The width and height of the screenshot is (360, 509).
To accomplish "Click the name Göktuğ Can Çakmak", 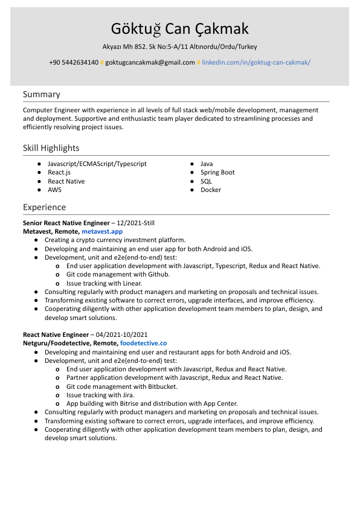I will pyautogui.click(x=179, y=29).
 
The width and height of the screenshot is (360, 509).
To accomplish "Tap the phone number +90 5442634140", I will pyautogui.click(x=74, y=62).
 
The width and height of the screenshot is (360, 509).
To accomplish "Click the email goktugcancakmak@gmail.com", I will pyautogui.click(x=150, y=62).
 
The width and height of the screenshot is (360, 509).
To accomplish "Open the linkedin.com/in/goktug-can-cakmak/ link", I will pyautogui.click(x=256, y=62).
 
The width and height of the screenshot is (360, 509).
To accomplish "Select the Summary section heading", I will pyautogui.click(x=42, y=94).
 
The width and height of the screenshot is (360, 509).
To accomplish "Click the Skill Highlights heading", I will pyautogui.click(x=51, y=148).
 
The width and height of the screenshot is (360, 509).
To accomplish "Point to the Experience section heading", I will pyautogui.click(x=45, y=207).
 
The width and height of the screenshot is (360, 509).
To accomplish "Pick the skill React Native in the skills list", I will pyautogui.click(x=66, y=181).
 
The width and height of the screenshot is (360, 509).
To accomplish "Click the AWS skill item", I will pyautogui.click(x=54, y=190).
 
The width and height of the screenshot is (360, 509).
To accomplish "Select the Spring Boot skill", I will pyautogui.click(x=217, y=172).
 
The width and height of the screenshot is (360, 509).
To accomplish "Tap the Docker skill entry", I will pyautogui.click(x=211, y=190).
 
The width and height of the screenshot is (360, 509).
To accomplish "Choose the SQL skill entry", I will pyautogui.click(x=206, y=181).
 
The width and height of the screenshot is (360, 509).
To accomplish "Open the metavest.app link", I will pyautogui.click(x=102, y=231).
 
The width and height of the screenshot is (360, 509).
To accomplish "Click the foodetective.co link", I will pyautogui.click(x=143, y=343).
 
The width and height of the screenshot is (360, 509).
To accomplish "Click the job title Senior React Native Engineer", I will pyautogui.click(x=66, y=223).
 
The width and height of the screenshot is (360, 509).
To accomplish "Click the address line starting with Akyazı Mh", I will pyautogui.click(x=179, y=46).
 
